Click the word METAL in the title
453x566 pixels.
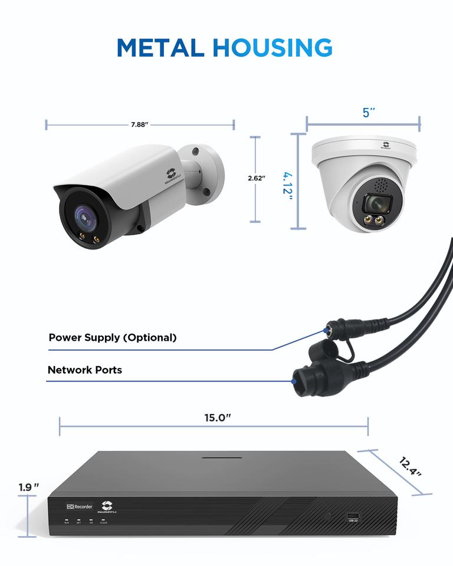click(160, 47)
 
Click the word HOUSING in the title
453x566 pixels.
click(272, 47)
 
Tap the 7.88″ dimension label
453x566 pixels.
click(139, 124)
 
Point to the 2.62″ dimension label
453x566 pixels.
click(255, 177)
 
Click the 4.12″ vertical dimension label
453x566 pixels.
click(287, 186)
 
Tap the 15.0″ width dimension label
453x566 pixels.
click(218, 418)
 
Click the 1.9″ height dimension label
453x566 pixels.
click(28, 488)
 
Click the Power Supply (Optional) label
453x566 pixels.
click(112, 338)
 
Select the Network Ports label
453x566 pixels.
click(84, 370)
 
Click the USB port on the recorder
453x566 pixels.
click(353, 515)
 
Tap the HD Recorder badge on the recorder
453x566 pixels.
click(78, 507)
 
